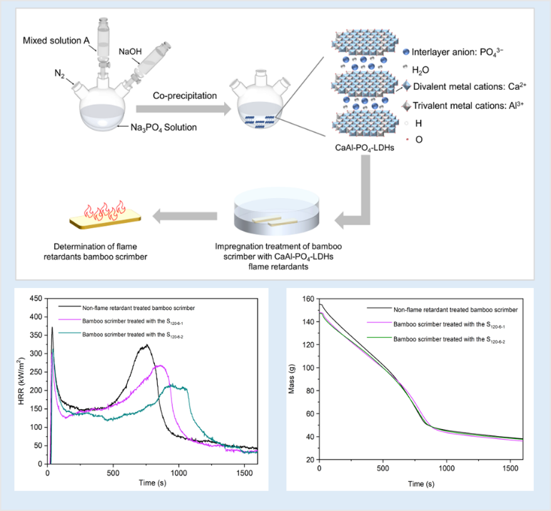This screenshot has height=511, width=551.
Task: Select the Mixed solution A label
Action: pos(56,41)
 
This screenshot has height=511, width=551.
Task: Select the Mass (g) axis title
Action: pos(292,380)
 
